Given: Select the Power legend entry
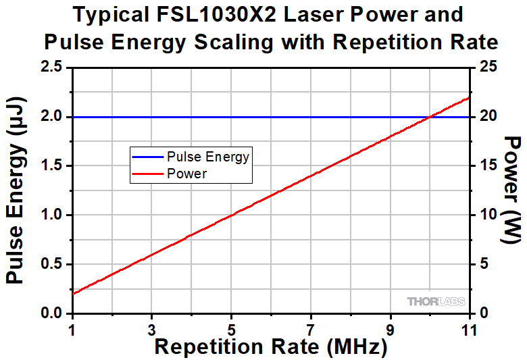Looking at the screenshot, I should tap(186, 174).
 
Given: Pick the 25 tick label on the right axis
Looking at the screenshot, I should tap(488, 68).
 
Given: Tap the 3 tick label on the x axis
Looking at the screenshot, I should tap(152, 330).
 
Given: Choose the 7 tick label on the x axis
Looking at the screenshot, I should tap(311, 330).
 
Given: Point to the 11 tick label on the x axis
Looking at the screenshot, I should tap(469, 330).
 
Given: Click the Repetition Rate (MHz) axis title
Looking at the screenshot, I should tap(271, 347).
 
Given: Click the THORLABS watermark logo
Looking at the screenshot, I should tap(434, 301).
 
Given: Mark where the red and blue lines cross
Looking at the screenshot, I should tap(430, 117).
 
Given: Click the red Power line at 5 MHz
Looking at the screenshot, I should tap(231, 215).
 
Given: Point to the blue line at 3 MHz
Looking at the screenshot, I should tap(152, 117).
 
